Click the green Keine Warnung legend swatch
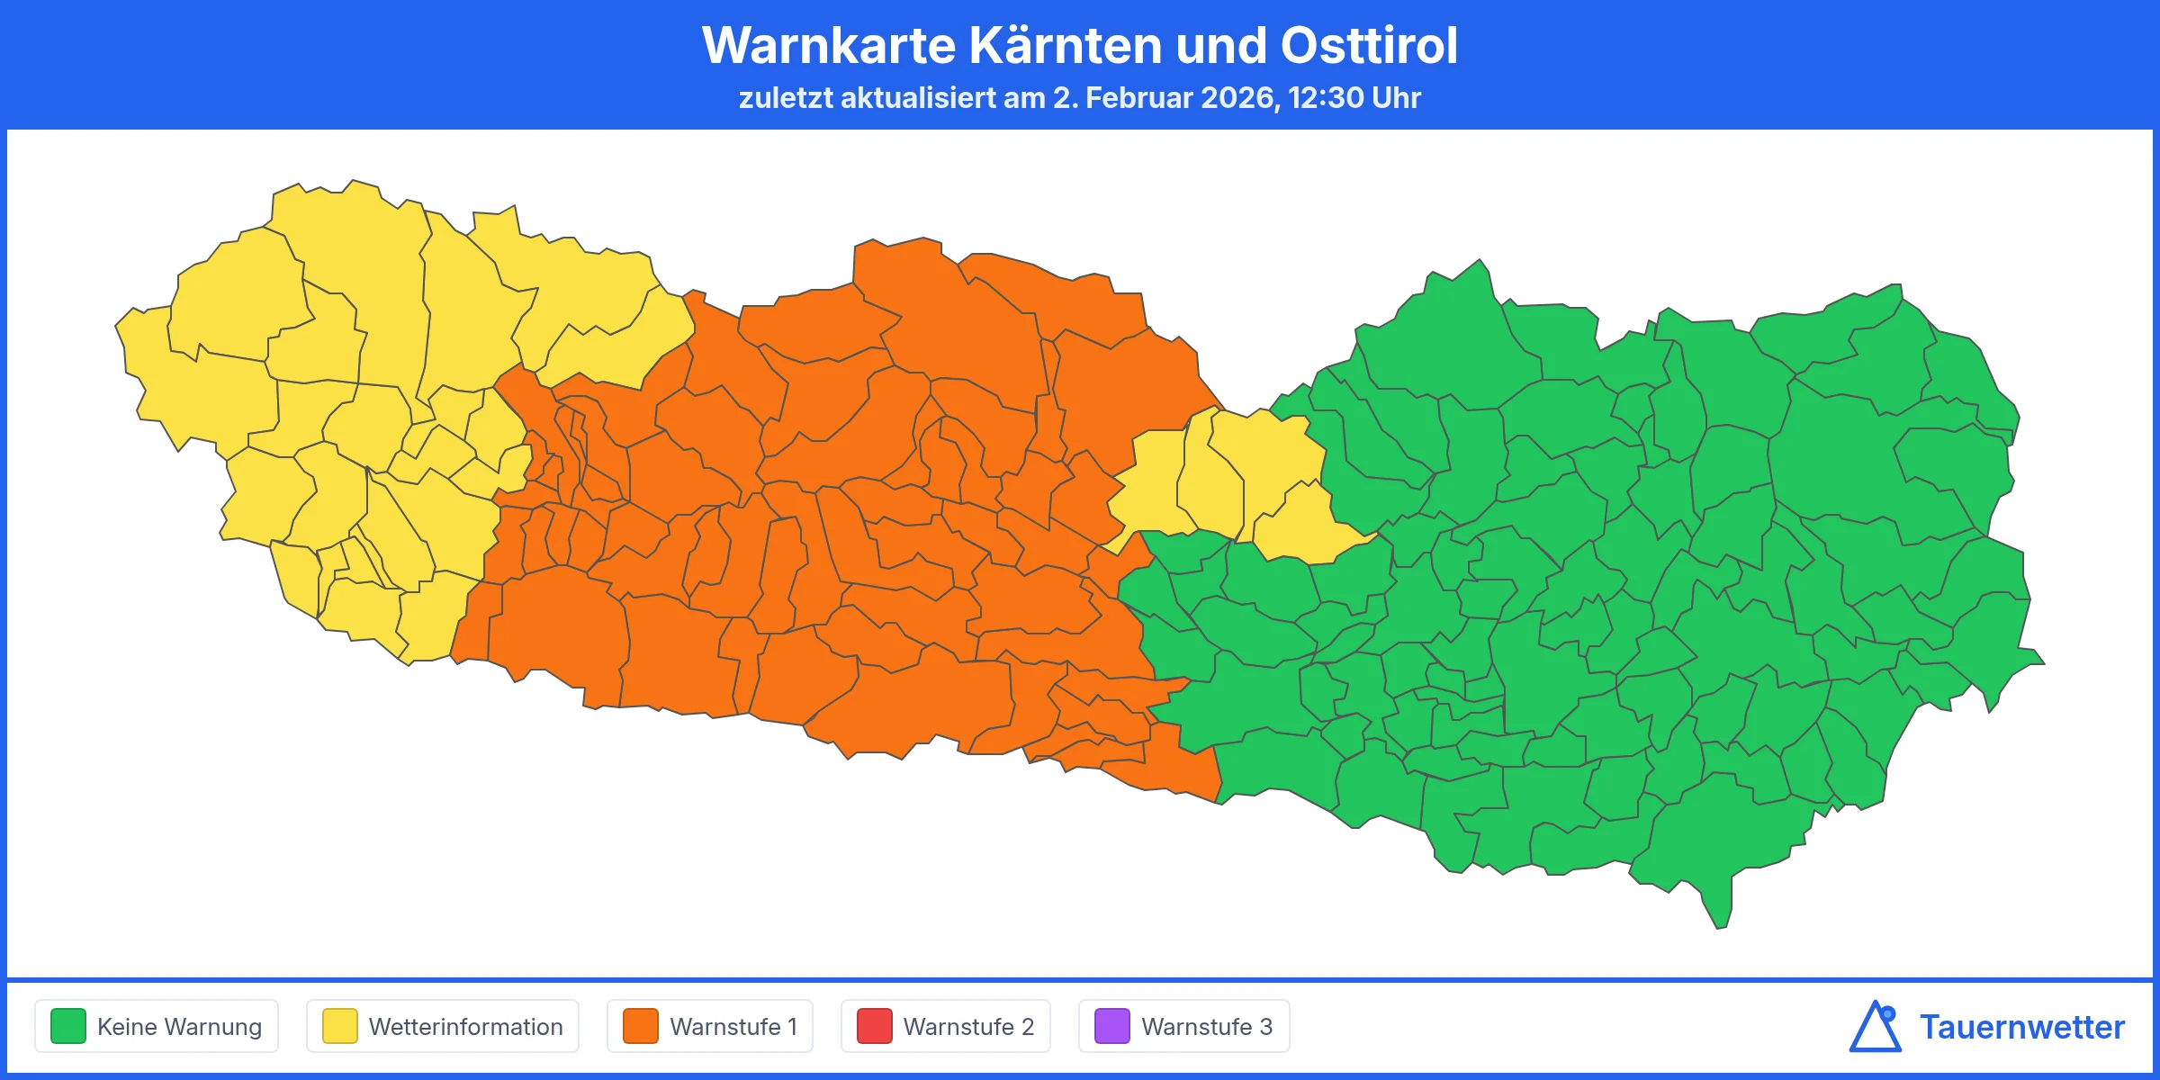[x=68, y=1026]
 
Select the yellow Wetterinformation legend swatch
[x=340, y=1026]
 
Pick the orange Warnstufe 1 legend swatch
[x=641, y=1026]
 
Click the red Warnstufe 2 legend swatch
[x=874, y=1026]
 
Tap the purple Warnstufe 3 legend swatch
[x=1111, y=1026]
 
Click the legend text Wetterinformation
[x=465, y=1026]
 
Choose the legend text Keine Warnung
[x=179, y=1026]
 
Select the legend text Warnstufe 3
[x=1207, y=1026]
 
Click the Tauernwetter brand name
[x=2021, y=1027]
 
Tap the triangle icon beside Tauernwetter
[x=1875, y=1027]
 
